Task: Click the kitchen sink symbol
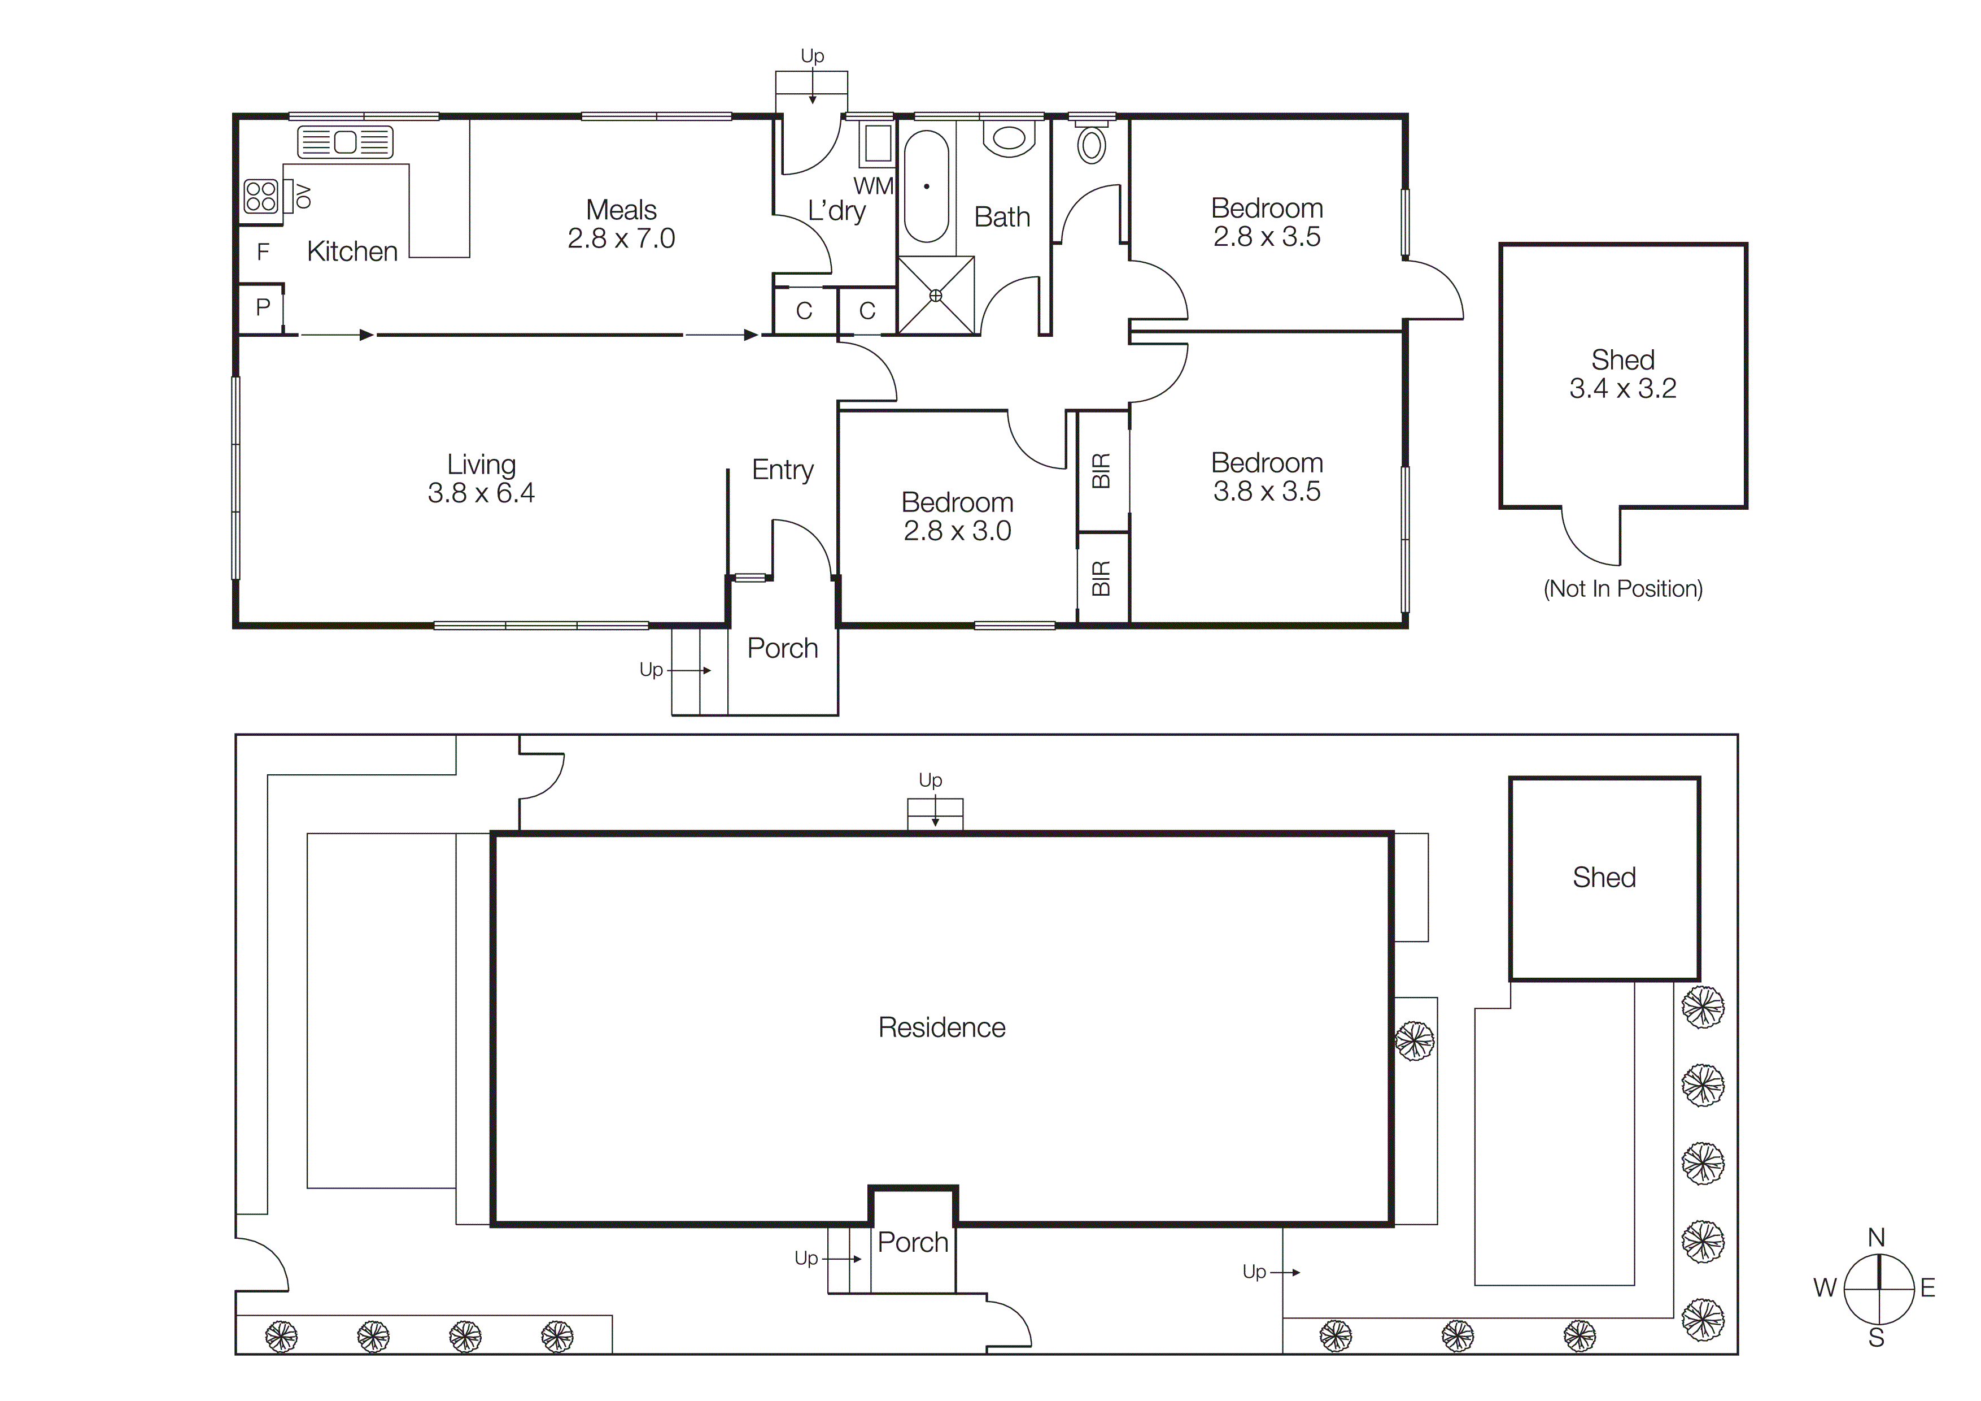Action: tap(345, 142)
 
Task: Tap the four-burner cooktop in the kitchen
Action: tap(260, 197)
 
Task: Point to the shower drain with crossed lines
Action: tap(935, 295)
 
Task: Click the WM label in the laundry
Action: tap(872, 185)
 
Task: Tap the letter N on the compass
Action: tap(1876, 1238)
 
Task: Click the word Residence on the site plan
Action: tap(941, 1027)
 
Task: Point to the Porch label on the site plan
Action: tap(912, 1242)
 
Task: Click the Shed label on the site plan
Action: tap(1603, 877)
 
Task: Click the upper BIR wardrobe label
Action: tap(1101, 470)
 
